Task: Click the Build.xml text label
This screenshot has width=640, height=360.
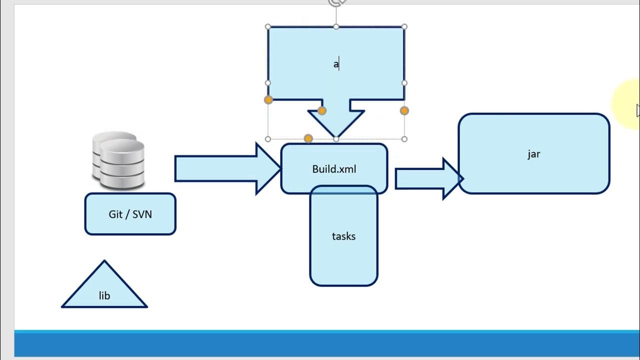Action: click(x=334, y=169)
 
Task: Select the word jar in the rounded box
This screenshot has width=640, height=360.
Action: click(x=533, y=153)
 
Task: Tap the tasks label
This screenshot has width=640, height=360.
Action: click(x=343, y=236)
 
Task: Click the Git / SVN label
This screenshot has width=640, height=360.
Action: click(x=130, y=214)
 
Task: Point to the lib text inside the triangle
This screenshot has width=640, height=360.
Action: click(x=104, y=295)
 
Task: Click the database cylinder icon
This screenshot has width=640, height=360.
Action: click(x=118, y=160)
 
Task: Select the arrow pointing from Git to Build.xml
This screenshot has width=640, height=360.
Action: click(x=225, y=168)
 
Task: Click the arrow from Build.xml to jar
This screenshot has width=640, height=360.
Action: click(x=427, y=178)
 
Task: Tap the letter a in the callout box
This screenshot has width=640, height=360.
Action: click(x=336, y=64)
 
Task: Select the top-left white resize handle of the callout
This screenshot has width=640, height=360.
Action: click(x=268, y=26)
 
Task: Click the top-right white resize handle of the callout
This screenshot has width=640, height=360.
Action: click(x=404, y=26)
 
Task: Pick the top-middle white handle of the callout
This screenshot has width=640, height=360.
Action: click(x=336, y=26)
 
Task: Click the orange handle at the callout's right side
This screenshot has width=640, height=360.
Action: click(x=404, y=110)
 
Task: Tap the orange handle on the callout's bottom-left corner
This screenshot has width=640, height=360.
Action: click(x=268, y=100)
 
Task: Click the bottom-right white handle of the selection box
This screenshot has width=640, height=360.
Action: click(x=404, y=139)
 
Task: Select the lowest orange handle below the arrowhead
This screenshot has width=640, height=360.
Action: click(x=308, y=138)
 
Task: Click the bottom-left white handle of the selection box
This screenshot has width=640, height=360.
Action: click(x=268, y=139)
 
